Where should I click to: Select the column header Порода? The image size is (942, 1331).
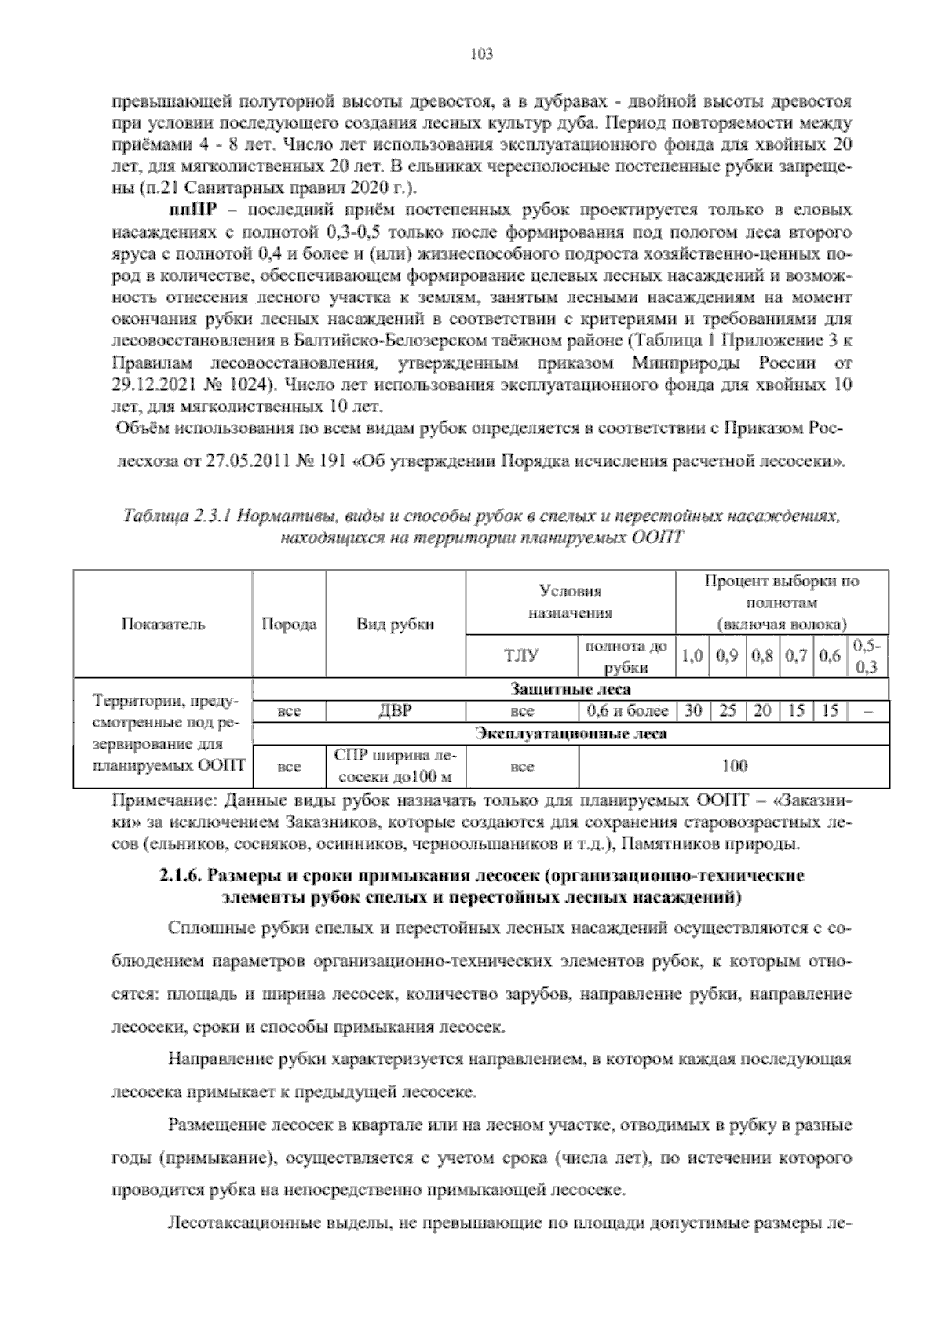click(x=289, y=625)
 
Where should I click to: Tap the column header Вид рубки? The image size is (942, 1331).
click(x=396, y=625)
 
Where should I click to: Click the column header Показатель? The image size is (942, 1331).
click(x=163, y=625)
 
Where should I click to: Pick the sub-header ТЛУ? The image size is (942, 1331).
click(x=521, y=656)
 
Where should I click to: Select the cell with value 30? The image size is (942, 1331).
click(x=692, y=711)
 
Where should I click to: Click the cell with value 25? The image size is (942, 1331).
click(x=728, y=711)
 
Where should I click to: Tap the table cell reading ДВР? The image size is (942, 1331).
click(x=396, y=711)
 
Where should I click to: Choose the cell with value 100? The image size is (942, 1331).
click(x=734, y=766)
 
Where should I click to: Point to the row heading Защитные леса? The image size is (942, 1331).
click(x=571, y=690)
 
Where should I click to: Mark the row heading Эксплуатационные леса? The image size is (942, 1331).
click(x=571, y=734)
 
